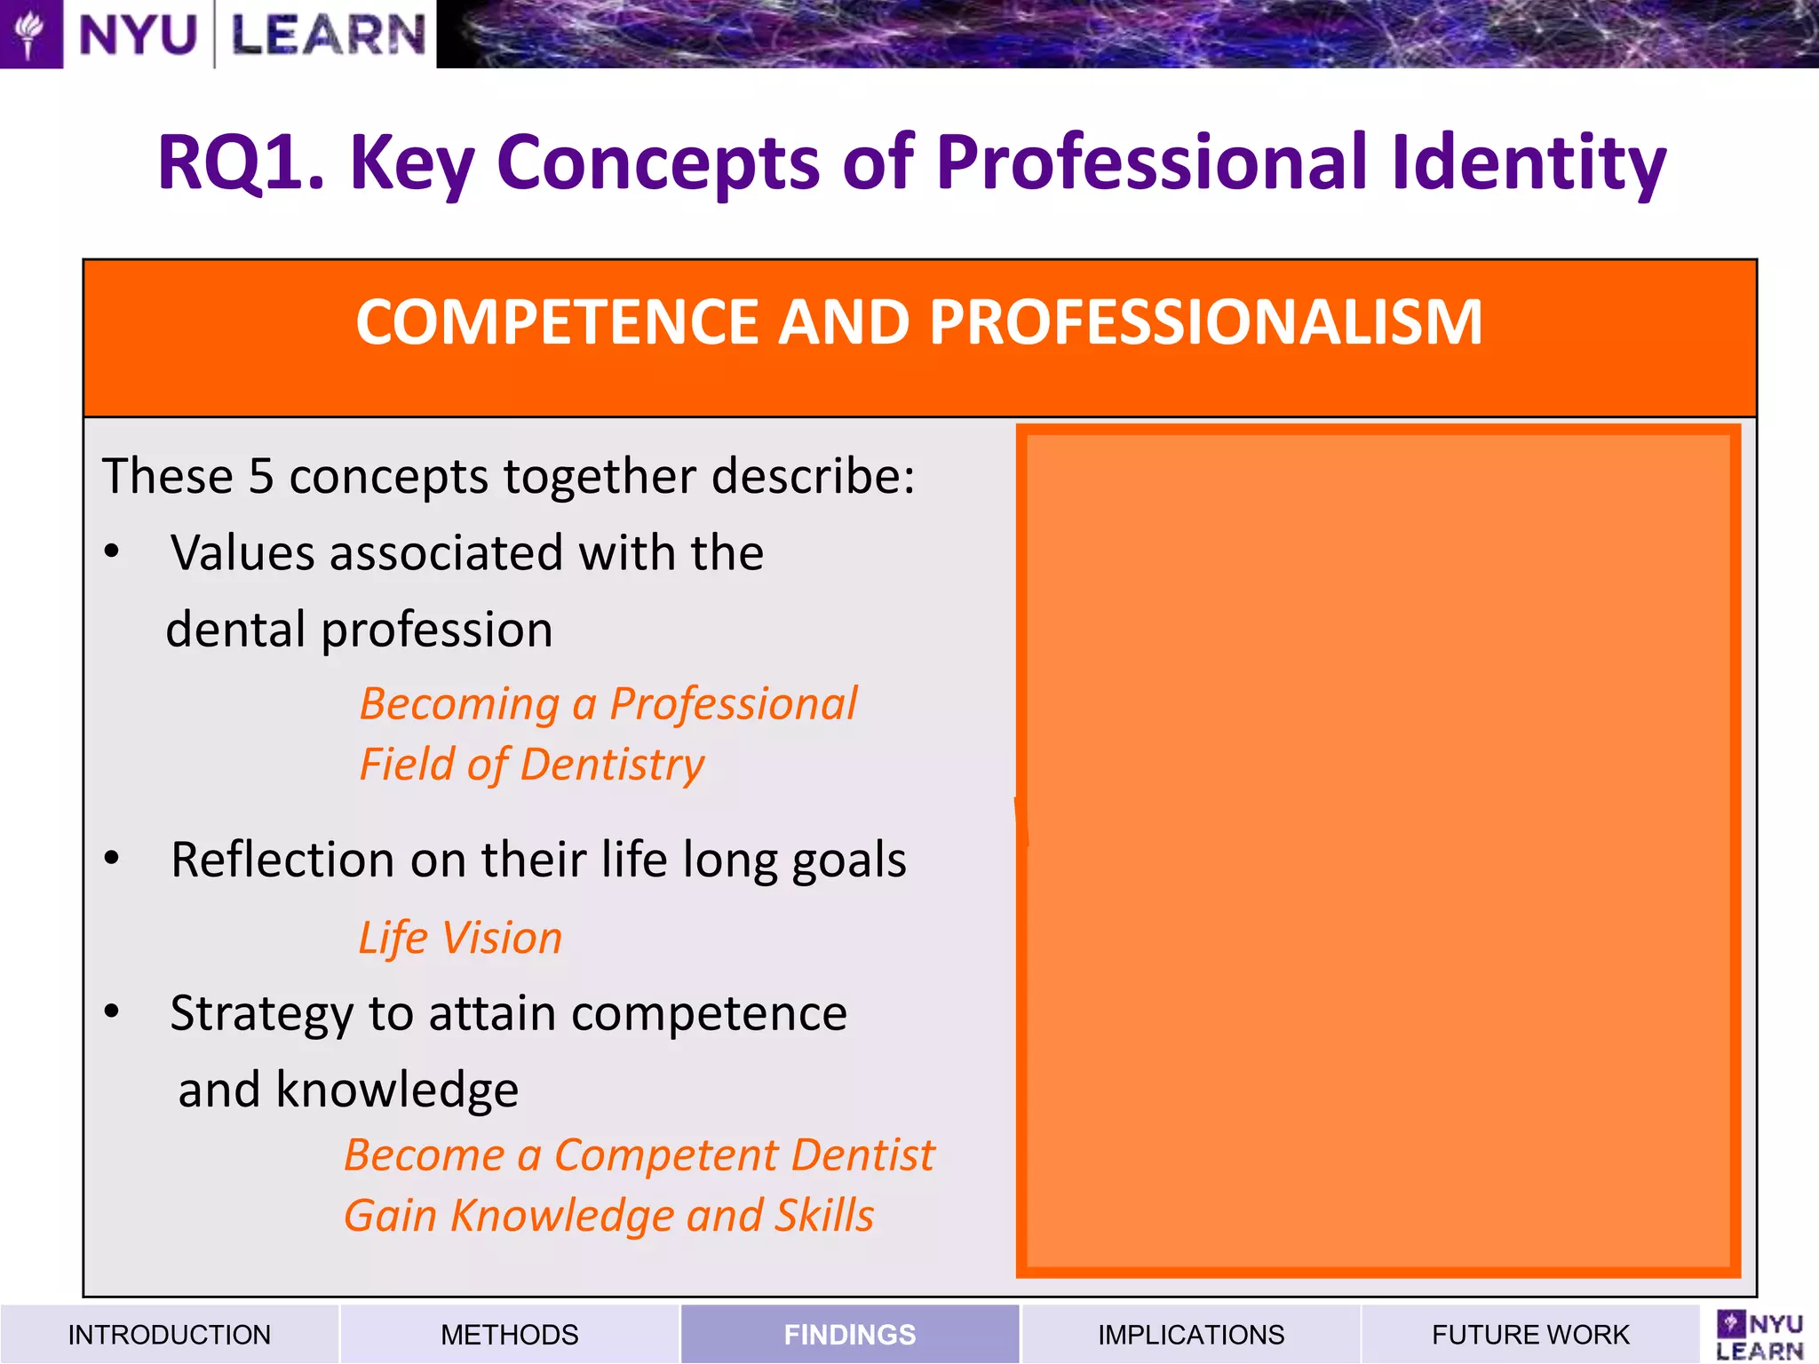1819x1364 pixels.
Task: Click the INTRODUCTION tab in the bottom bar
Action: click(x=169, y=1334)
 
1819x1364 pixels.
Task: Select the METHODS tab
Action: click(x=509, y=1334)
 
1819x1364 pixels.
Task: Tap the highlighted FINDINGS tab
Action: click(x=849, y=1334)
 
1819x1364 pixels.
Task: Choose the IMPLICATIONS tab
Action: click(x=1190, y=1334)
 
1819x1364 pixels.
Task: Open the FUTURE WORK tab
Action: click(x=1530, y=1334)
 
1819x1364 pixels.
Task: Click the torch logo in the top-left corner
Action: click(x=30, y=34)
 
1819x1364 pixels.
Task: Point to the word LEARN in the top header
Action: click(x=328, y=36)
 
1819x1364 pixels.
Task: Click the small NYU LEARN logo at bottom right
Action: click(x=1759, y=1336)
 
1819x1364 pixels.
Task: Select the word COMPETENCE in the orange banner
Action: click(x=557, y=321)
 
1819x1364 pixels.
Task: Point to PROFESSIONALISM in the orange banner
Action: click(x=1205, y=321)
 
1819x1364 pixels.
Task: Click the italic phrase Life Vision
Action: click(x=460, y=938)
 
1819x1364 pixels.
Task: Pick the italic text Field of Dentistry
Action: click(x=531, y=765)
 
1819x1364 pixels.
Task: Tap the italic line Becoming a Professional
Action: click(x=608, y=704)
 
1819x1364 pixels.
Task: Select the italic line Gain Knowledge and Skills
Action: click(x=608, y=1216)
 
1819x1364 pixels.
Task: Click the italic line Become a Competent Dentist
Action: click(x=639, y=1155)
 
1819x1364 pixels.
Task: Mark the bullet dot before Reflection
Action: click(x=112, y=859)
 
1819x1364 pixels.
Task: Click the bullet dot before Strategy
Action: click(x=112, y=1011)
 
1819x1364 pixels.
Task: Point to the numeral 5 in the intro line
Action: click(x=260, y=476)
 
